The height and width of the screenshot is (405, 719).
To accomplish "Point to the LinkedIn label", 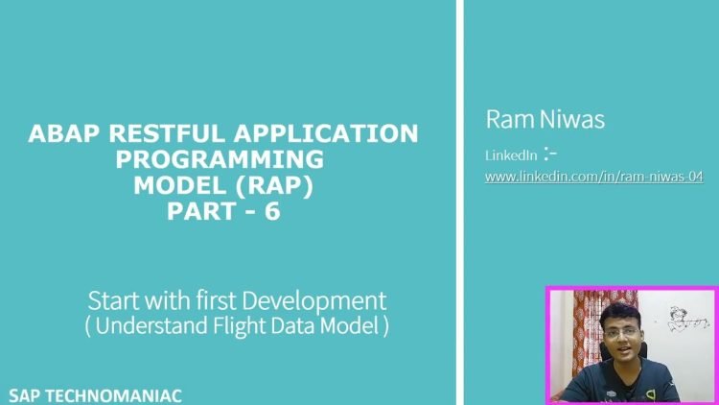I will [511, 155].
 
